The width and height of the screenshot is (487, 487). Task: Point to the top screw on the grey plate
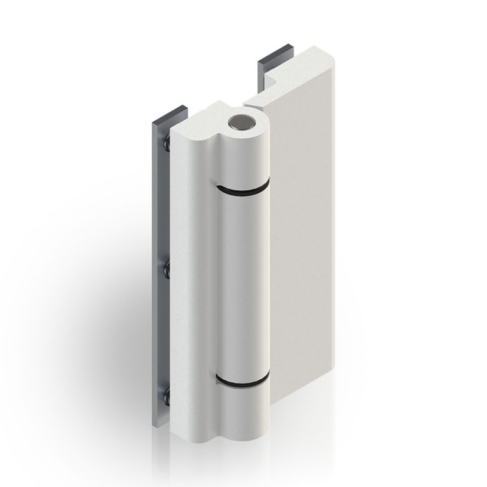[x=166, y=146]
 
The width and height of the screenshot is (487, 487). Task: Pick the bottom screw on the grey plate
[x=166, y=398]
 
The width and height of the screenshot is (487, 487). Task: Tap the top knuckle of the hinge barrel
[x=244, y=159]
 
